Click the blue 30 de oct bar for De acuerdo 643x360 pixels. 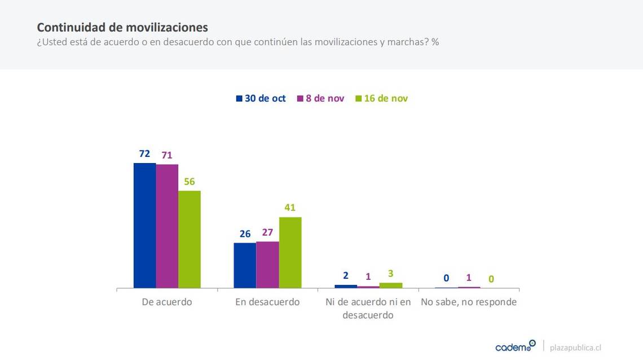[144, 225]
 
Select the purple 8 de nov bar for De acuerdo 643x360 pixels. [167, 226]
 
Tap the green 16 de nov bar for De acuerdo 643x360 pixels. [190, 239]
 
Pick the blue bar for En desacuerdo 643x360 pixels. [245, 265]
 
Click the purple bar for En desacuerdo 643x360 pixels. [267, 265]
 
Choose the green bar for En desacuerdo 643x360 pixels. [290, 252]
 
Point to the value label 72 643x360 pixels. [144, 153]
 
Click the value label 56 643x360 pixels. [189, 182]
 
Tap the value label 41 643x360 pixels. [290, 208]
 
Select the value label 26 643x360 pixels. [245, 234]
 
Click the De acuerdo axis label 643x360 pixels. [167, 302]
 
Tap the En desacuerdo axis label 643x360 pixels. [267, 302]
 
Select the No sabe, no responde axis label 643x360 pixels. [469, 302]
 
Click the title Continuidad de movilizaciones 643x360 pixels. [122, 27]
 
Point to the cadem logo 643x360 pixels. [515, 346]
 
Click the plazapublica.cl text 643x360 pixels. [575, 348]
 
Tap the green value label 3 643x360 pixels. [390, 274]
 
